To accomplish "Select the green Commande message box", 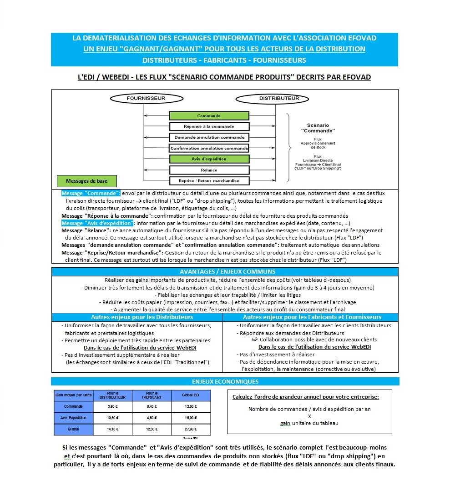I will tap(209, 116).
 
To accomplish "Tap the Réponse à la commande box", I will tap(209, 126).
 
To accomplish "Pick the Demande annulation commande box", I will tap(209, 137).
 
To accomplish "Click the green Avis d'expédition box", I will tap(209, 159).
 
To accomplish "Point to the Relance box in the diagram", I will tap(209, 170).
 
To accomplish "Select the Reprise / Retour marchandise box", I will tap(209, 180).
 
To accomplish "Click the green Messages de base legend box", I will tap(86, 181).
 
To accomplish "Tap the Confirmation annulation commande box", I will tap(209, 148).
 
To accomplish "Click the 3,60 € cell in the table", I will tap(113, 406).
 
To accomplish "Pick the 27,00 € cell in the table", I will tap(190, 429).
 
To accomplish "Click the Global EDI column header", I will tap(190, 395).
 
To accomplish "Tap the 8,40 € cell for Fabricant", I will tap(152, 406).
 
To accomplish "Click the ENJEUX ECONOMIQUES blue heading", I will tap(225, 381).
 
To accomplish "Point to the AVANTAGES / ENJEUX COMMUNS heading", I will tap(225, 271).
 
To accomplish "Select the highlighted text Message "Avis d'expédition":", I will tap(98, 223).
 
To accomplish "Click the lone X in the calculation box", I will tap(309, 416).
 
